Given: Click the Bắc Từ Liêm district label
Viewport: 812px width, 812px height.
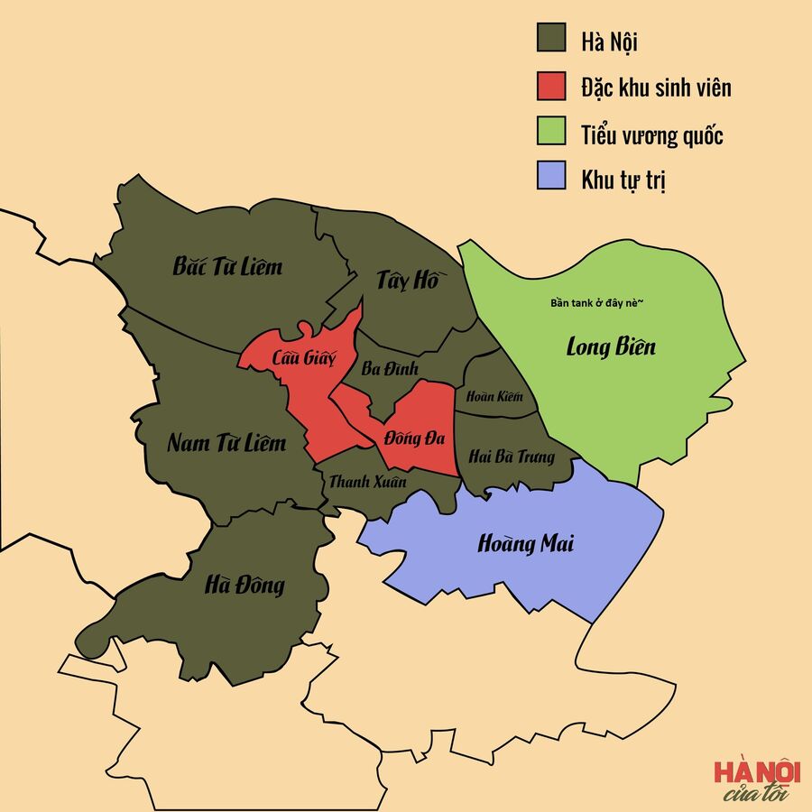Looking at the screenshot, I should click(x=227, y=266).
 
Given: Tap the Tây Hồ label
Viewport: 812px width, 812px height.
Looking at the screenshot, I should click(x=406, y=281).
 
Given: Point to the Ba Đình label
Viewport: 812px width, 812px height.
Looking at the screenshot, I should click(x=389, y=369).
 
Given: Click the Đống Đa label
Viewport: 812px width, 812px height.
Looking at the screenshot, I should click(x=415, y=438).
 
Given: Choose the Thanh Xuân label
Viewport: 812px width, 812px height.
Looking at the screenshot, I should click(x=367, y=482).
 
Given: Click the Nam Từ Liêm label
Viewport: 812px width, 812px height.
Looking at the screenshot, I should click(x=226, y=443).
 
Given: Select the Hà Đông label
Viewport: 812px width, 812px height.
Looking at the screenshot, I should click(x=245, y=586).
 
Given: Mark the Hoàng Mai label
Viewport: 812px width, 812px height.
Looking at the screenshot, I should click(x=525, y=544).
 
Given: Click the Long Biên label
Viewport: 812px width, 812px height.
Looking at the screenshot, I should click(x=611, y=346).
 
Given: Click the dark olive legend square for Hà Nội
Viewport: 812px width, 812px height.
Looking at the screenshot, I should click(x=549, y=40).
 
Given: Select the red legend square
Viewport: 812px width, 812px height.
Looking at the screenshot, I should click(x=549, y=87).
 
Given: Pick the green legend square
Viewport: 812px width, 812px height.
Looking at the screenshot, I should click(x=549, y=133).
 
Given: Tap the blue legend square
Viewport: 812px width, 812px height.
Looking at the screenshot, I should click(x=549, y=179).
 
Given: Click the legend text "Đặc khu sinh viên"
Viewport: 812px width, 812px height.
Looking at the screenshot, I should click(x=656, y=88).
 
